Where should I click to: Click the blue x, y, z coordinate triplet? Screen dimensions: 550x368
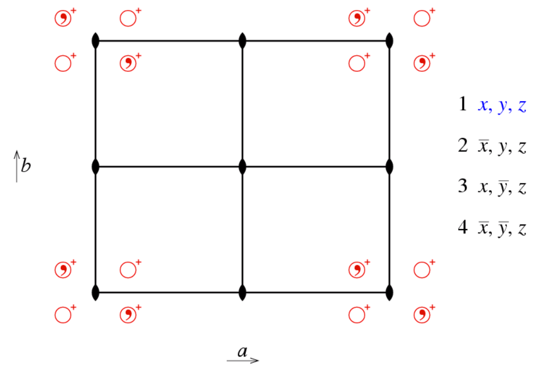(x=502, y=105)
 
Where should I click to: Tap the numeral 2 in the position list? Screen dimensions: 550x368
(x=463, y=145)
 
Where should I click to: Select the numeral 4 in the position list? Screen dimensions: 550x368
(x=463, y=227)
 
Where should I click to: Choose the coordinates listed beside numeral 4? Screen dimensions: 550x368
(x=502, y=229)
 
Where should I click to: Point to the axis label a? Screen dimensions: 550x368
(x=242, y=351)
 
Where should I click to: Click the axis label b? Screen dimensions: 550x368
(x=26, y=165)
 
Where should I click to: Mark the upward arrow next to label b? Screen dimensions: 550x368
(x=16, y=167)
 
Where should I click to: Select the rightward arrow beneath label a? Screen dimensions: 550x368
(x=243, y=360)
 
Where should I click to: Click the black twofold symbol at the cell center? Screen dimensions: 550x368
(x=242, y=167)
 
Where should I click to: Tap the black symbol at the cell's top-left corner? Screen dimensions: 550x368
(x=96, y=41)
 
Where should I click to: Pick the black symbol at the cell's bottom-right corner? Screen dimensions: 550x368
(x=389, y=293)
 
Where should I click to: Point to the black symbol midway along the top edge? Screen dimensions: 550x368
(x=242, y=41)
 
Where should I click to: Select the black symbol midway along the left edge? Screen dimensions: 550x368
(x=96, y=167)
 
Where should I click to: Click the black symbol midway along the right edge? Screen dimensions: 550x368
(x=389, y=167)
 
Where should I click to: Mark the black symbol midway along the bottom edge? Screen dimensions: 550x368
(x=242, y=293)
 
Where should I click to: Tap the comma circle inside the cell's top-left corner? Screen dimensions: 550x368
(x=128, y=63)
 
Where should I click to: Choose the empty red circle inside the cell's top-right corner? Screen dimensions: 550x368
(x=357, y=63)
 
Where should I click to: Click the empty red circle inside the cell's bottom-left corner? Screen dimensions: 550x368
(x=128, y=270)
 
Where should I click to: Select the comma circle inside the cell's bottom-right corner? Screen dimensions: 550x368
(x=357, y=270)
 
